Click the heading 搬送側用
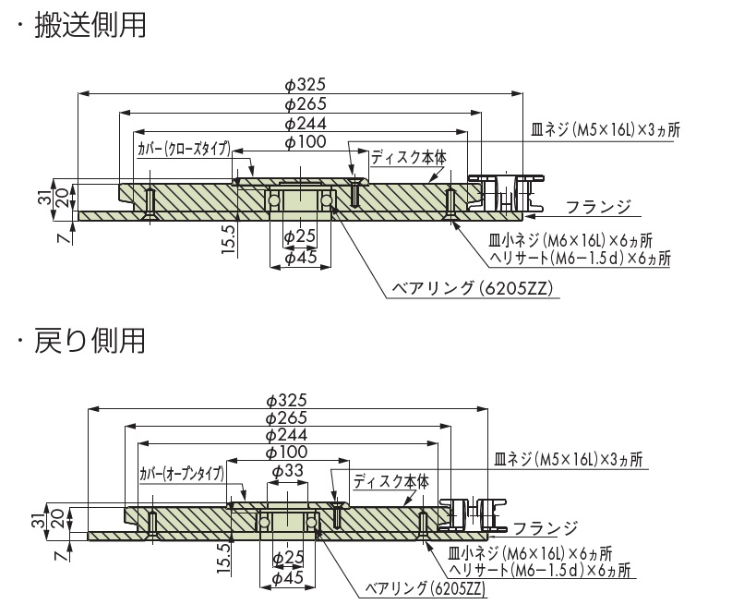coord(90,24)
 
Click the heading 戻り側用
coord(90,341)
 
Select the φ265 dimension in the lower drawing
coord(285,417)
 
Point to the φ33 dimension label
coord(287,470)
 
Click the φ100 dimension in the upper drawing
coord(301,142)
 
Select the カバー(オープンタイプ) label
coord(182,474)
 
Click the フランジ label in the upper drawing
coord(598,205)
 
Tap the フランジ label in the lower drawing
coord(545,529)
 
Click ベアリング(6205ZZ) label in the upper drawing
coord(471,288)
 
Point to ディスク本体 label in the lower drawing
coord(391,481)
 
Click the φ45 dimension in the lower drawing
coord(288,578)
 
